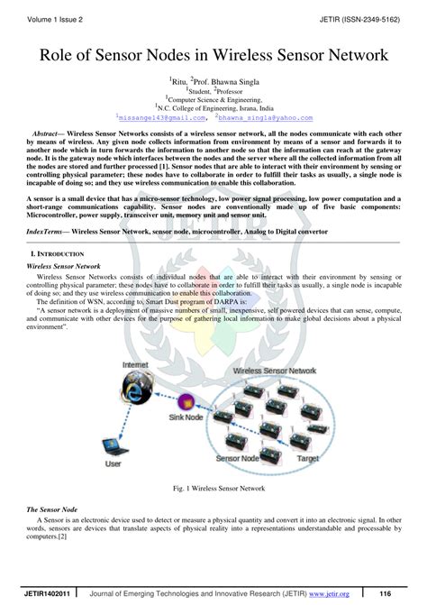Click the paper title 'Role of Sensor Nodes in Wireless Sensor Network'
point(213,55)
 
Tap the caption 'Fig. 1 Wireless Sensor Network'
point(213,488)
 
